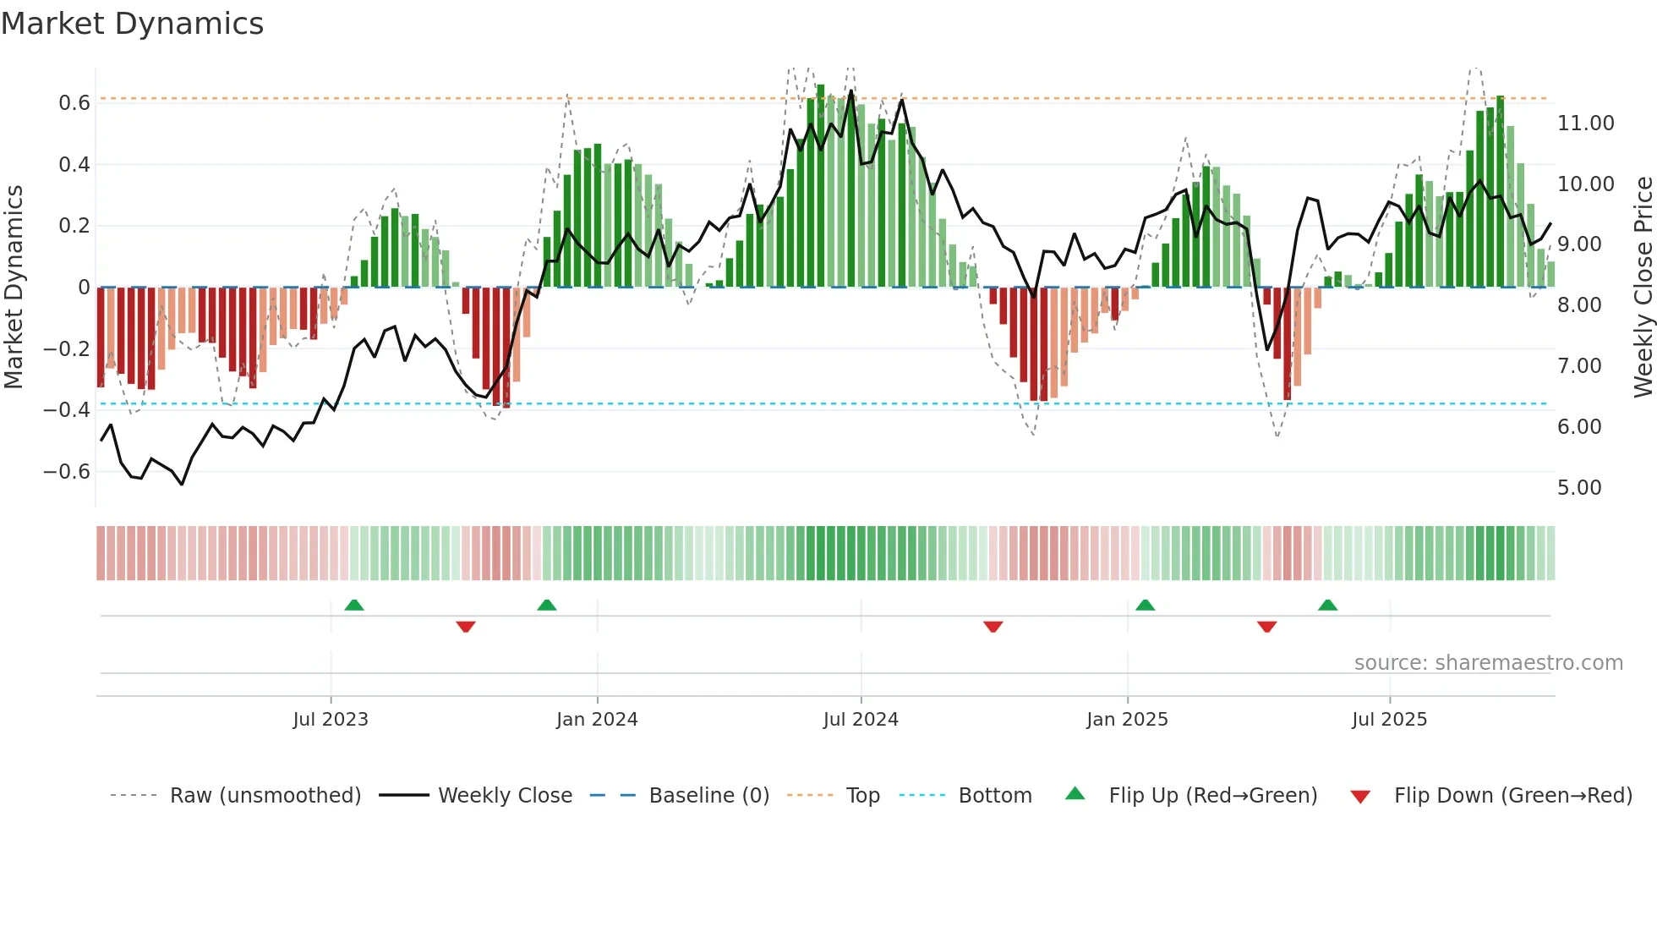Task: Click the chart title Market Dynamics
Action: (x=132, y=24)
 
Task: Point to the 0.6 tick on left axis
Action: (x=74, y=103)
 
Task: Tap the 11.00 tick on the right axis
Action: (x=1585, y=123)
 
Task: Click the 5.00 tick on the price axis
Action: (x=1579, y=488)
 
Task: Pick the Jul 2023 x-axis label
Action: (x=331, y=720)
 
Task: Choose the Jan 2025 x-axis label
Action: (x=1127, y=720)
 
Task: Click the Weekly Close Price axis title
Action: (x=1643, y=287)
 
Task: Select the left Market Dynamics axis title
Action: (x=14, y=287)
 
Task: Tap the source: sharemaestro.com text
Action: (x=1488, y=663)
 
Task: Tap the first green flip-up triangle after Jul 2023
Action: (x=354, y=606)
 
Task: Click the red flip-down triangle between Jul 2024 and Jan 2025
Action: (x=993, y=627)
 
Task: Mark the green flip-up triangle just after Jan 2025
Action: (x=1146, y=606)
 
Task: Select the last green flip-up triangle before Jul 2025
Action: (x=1328, y=606)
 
